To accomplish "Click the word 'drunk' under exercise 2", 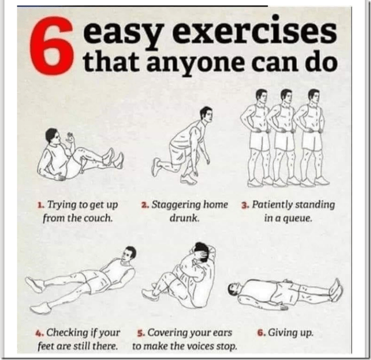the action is coord(184,218).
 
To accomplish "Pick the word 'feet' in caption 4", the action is coord(45,346).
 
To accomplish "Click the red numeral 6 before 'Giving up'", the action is coord(261,333).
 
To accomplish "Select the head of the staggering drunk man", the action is coord(206,115).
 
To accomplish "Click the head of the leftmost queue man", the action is coord(261,97).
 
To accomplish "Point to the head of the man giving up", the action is coord(234,289).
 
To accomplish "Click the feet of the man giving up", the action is coord(336,290).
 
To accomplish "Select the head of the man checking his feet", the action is coord(129,254).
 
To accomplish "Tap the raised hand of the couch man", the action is coord(70,138).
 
